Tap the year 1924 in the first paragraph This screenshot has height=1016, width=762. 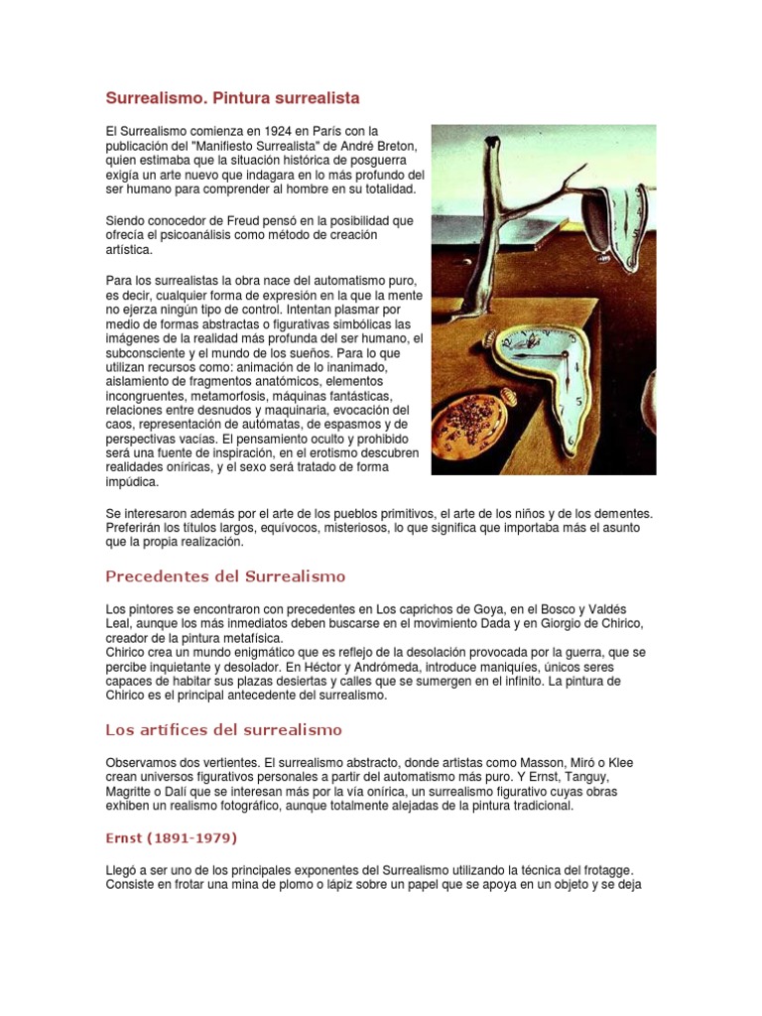coord(267,131)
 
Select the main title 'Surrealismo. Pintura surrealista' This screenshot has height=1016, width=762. coord(232,98)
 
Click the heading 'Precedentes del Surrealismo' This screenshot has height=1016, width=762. coord(225,576)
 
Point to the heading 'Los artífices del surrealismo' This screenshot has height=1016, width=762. coord(223,730)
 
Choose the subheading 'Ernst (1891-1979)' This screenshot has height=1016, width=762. coord(172,838)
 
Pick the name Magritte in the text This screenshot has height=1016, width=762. coord(133,792)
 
